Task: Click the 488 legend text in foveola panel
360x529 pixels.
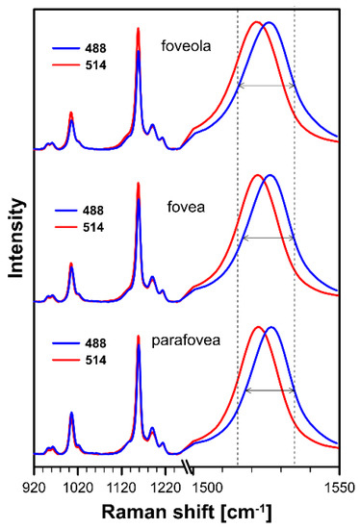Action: [94, 48]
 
